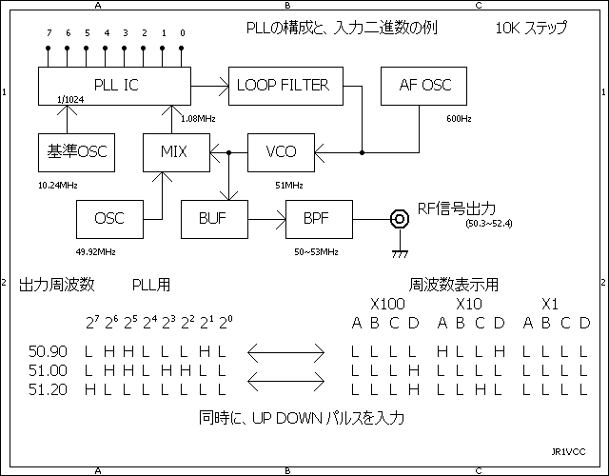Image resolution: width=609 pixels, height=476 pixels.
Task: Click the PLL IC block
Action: tap(114, 86)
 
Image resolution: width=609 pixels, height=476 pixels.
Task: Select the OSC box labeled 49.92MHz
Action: tap(109, 219)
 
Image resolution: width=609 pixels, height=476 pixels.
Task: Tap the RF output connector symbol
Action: tap(394, 219)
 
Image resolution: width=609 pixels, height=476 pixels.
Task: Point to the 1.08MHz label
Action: tap(199, 118)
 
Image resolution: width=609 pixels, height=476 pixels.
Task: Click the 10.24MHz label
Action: tap(58, 184)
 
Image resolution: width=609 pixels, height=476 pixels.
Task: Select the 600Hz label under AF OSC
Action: tap(459, 119)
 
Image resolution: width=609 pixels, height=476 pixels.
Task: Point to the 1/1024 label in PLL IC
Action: tap(70, 99)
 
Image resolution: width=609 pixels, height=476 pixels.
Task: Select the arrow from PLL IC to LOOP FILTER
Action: tap(209, 86)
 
